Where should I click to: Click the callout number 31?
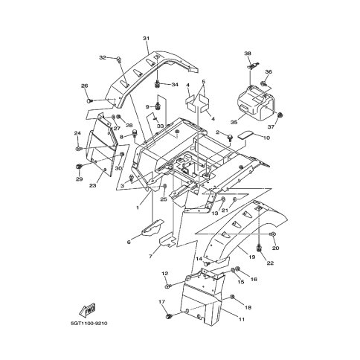[146, 39]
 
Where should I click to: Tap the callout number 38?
[248, 54]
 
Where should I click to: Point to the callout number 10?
[266, 138]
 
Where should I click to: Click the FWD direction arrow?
[88, 310]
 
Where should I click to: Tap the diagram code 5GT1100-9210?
[89, 324]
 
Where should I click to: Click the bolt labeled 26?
[89, 101]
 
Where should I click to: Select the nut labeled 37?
[280, 115]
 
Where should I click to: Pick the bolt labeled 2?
[229, 138]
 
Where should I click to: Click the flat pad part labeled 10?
[245, 135]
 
